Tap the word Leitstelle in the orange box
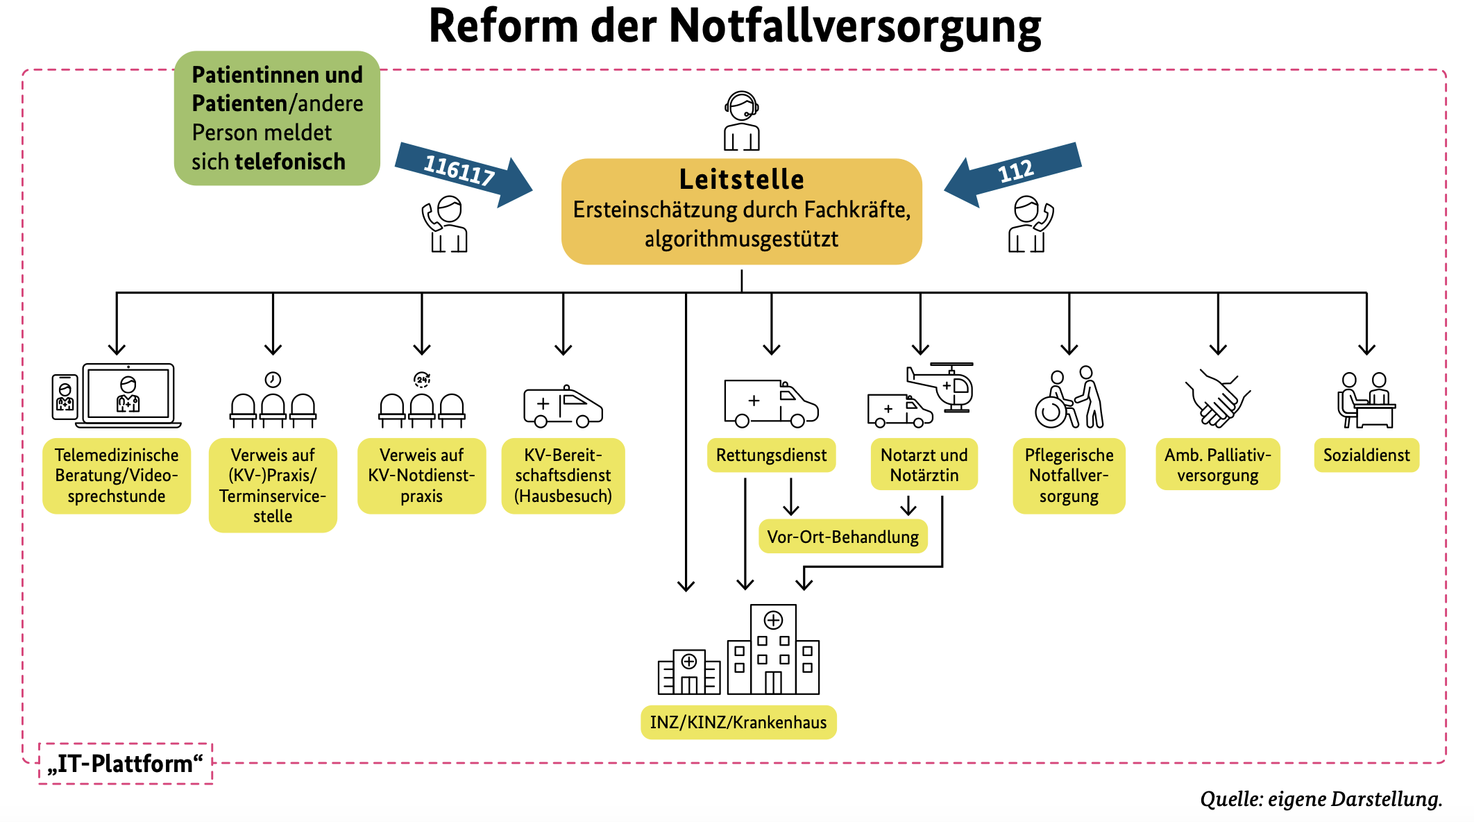(741, 179)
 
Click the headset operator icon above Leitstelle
(741, 121)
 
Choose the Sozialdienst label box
(1366, 455)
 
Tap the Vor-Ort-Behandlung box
(842, 537)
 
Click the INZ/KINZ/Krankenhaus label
(738, 722)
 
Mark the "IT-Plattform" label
(126, 764)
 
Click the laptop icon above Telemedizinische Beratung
(128, 394)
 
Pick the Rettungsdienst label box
(771, 455)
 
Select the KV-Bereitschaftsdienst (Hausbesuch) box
(563, 476)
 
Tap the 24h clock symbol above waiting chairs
(422, 379)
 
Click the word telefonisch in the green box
(290, 162)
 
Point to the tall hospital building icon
(773, 649)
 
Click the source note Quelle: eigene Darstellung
(1321, 799)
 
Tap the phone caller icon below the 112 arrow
(1030, 224)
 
